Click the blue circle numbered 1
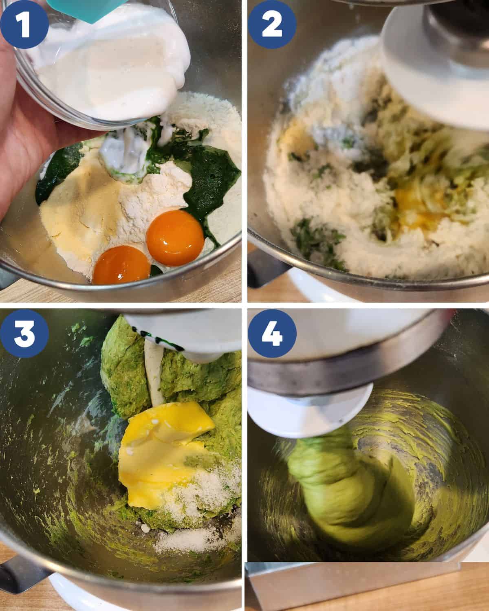(24, 24)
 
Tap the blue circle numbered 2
(272, 24)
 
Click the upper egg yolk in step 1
(175, 238)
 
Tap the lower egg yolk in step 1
(121, 265)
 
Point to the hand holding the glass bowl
(26, 119)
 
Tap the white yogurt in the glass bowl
(111, 62)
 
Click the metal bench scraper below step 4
(352, 585)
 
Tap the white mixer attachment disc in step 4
(310, 409)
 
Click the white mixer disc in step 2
(435, 71)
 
